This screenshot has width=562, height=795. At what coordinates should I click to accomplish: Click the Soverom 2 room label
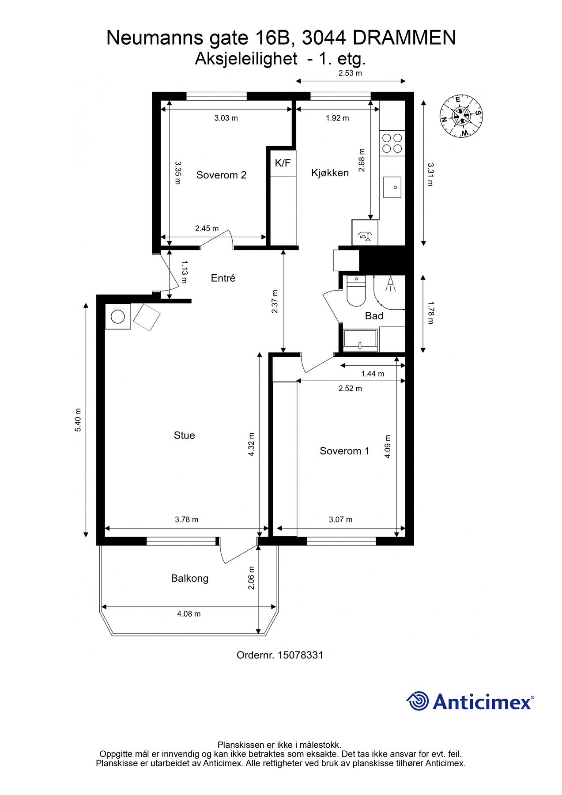pos(221,175)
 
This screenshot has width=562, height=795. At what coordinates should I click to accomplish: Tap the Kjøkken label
pos(330,173)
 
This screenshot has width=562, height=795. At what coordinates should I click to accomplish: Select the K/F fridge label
pos(283,163)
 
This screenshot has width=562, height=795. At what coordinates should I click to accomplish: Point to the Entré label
pos(223,278)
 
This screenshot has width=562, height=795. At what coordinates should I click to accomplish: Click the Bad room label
pos(374,316)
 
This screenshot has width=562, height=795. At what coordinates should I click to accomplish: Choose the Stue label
pos(184,435)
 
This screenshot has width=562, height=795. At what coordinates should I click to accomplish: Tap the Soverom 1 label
pos(344,450)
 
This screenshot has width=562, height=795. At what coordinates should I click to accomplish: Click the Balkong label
pos(189,578)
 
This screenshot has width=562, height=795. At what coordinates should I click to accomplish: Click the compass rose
pos(461,116)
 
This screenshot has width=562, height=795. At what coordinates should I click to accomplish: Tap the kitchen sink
pos(392,187)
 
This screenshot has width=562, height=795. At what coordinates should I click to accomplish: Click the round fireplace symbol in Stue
pos(118,316)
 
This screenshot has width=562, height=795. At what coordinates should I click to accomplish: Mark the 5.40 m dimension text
pos(78,420)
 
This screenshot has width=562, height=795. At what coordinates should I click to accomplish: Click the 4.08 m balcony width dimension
pos(189,613)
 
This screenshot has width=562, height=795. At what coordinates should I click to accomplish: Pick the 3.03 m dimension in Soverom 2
pos(226,118)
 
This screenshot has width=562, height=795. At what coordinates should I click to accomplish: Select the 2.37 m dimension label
pos(275,302)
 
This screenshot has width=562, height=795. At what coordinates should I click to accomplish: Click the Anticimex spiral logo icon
pos(418,701)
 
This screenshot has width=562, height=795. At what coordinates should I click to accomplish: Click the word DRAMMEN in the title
pos(404,38)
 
